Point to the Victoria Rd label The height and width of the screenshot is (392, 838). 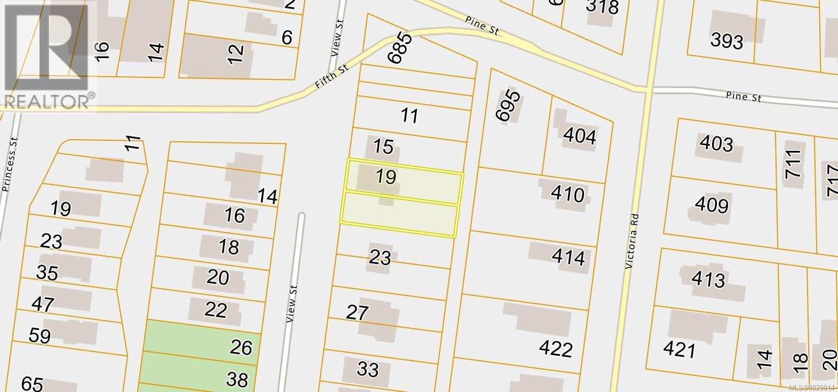tap(632, 241)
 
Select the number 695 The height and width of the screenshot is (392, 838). tap(507, 106)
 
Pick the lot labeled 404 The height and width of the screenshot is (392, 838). tap(580, 137)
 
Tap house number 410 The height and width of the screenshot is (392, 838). tap(567, 194)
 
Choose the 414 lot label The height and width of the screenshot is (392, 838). tap(568, 258)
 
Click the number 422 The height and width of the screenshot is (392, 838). tap(556, 349)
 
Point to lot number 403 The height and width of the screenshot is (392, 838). tap(716, 144)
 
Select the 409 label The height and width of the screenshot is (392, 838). tap(711, 205)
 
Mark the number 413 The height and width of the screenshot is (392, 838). tap(708, 279)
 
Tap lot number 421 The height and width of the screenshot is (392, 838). tap(679, 350)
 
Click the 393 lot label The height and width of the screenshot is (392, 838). tap(727, 41)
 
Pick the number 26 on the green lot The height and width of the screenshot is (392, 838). tap(241, 348)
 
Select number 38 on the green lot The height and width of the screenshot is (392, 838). tap(237, 380)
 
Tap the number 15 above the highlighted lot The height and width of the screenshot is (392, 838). tap(383, 146)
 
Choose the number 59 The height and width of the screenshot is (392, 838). tap(40, 336)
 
